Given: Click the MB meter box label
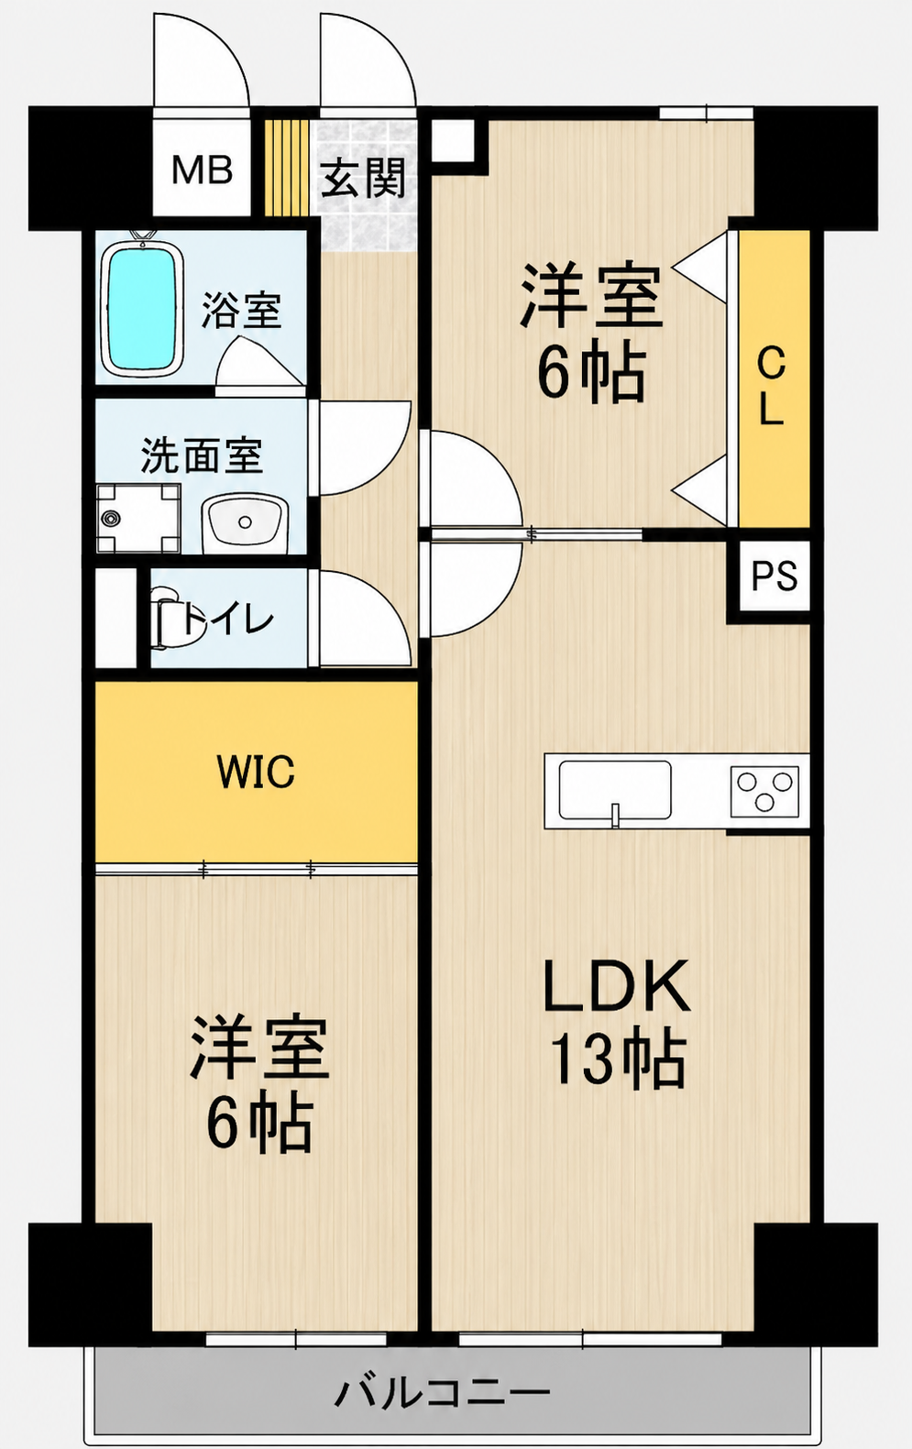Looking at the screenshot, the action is coord(202,170).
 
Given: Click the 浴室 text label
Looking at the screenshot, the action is coord(241,311).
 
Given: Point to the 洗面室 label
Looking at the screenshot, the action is coord(202,456).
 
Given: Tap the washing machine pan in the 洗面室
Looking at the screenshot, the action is coord(138,518).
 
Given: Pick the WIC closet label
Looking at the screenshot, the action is coord(256,771).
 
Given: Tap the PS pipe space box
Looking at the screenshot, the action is coord(774,575).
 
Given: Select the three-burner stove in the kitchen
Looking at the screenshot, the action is coord(764,791).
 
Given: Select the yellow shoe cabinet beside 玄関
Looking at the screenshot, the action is coord(287,169).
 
